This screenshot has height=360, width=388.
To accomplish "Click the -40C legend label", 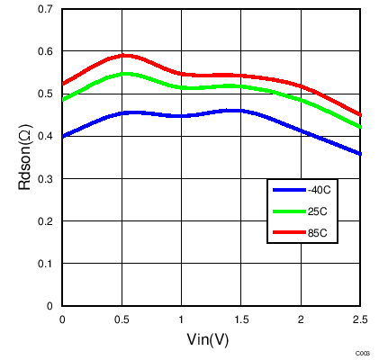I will pos(320,190).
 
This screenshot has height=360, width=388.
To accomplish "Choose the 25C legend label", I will pos(317,212).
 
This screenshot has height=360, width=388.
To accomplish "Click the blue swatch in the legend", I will pos(290,190).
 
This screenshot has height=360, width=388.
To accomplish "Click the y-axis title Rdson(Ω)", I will pos(26,157).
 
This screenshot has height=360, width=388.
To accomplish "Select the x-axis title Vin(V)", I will pos(210,341).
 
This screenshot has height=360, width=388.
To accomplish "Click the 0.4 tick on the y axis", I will pos(44,136).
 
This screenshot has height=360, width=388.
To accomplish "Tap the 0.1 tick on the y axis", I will pos(44,264).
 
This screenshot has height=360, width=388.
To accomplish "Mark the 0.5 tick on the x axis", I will pos(122,319).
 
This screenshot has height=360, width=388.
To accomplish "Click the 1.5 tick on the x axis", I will pos(240,319).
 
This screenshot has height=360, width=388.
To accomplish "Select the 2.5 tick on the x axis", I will pos(359,319).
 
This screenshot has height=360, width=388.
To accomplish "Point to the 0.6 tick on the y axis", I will pos(44,51).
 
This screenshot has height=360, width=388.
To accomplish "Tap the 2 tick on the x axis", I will pos(301,319).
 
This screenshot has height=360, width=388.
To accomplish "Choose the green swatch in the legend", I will pos(290,212).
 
